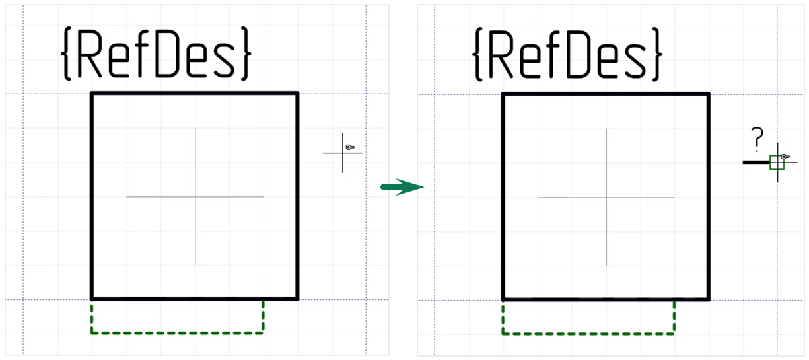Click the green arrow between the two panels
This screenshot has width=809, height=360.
(x=402, y=188)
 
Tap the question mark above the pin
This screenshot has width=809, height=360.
(x=757, y=140)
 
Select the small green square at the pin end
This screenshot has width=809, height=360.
(x=777, y=162)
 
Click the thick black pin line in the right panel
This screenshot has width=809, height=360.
(x=756, y=162)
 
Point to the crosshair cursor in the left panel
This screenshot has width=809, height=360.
(x=343, y=153)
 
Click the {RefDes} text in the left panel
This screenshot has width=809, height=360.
(x=157, y=54)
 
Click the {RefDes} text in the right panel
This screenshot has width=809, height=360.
(x=568, y=54)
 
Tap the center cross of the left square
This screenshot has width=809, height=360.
(x=195, y=196)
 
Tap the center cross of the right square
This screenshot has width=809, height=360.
(x=606, y=196)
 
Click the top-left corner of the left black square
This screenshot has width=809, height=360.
(x=92, y=94)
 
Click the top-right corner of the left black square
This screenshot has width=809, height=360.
(x=297, y=94)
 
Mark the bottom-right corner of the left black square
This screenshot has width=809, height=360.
(x=297, y=299)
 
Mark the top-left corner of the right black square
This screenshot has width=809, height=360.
(x=504, y=94)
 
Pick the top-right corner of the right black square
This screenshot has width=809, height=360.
(x=709, y=94)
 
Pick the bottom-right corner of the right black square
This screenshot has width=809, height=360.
(x=709, y=299)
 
